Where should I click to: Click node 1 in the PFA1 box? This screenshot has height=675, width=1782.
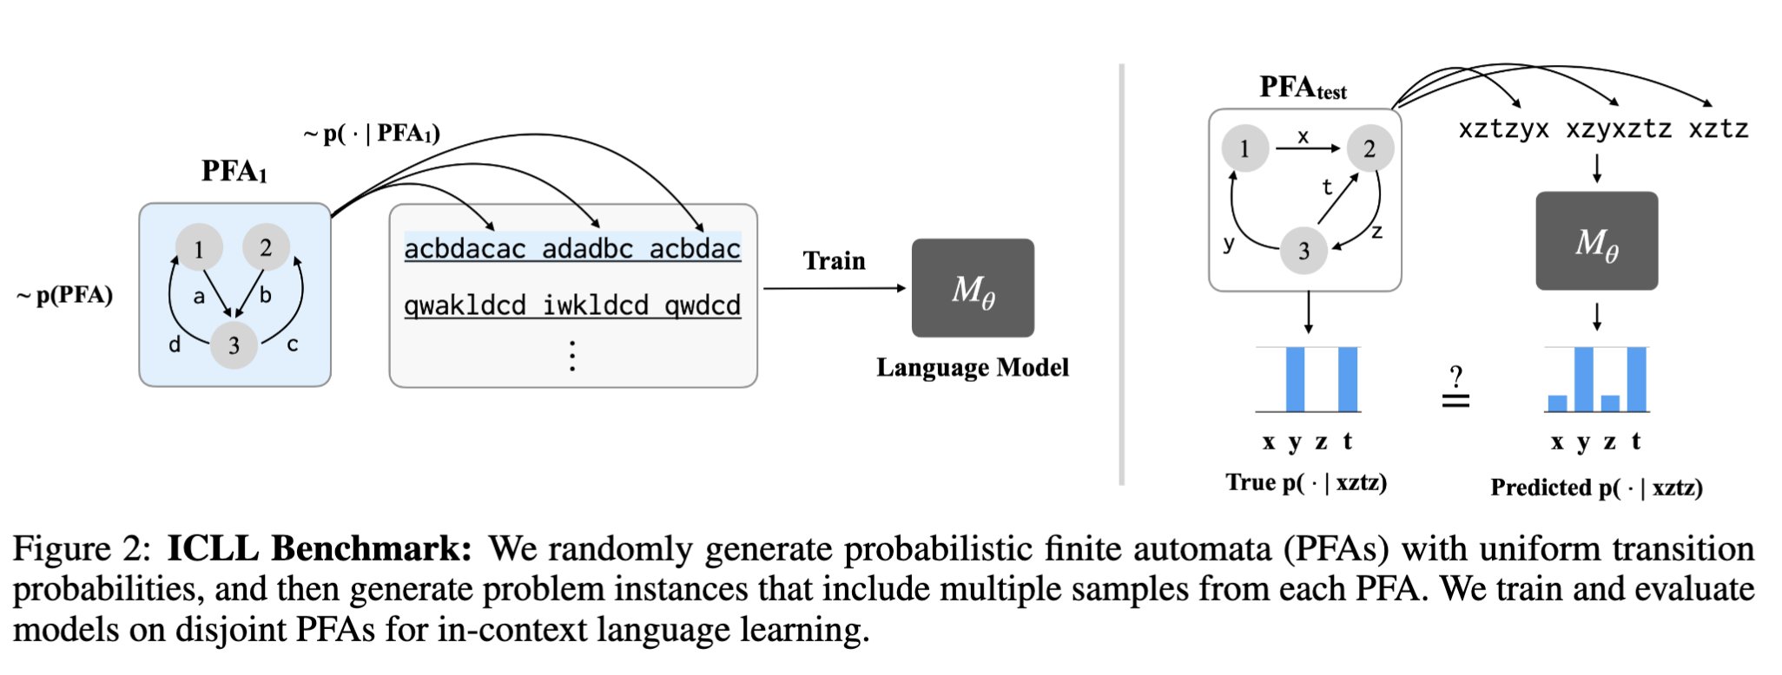click(x=199, y=248)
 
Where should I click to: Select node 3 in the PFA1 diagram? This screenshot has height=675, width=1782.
click(x=234, y=344)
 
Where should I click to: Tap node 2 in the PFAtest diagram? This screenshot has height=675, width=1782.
click(x=1369, y=148)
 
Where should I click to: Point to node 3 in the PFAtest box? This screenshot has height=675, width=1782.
click(x=1303, y=250)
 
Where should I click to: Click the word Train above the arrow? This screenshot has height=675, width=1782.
click(x=834, y=260)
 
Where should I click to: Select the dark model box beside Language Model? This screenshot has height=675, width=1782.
click(x=973, y=288)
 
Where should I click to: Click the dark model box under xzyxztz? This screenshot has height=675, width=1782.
click(x=1596, y=241)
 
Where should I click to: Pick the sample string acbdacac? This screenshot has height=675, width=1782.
click(x=465, y=249)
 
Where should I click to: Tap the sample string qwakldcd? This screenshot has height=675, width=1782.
click(x=465, y=305)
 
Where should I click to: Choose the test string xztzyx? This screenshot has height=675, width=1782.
click(x=1503, y=129)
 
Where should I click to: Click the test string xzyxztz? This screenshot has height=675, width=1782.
click(x=1618, y=129)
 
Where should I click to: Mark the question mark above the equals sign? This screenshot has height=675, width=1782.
click(x=1456, y=377)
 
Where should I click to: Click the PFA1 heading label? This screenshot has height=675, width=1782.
click(x=234, y=171)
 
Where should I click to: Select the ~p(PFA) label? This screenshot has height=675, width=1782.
click(x=65, y=295)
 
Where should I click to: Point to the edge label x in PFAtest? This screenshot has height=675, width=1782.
click(x=1303, y=136)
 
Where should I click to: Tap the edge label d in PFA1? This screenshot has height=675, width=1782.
click(x=175, y=344)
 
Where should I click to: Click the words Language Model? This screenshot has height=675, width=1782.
click(x=973, y=367)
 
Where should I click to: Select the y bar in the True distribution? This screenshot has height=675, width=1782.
click(x=1295, y=379)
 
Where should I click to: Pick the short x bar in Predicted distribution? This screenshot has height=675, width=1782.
click(x=1557, y=403)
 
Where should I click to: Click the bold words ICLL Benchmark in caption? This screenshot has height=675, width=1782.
click(x=320, y=548)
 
